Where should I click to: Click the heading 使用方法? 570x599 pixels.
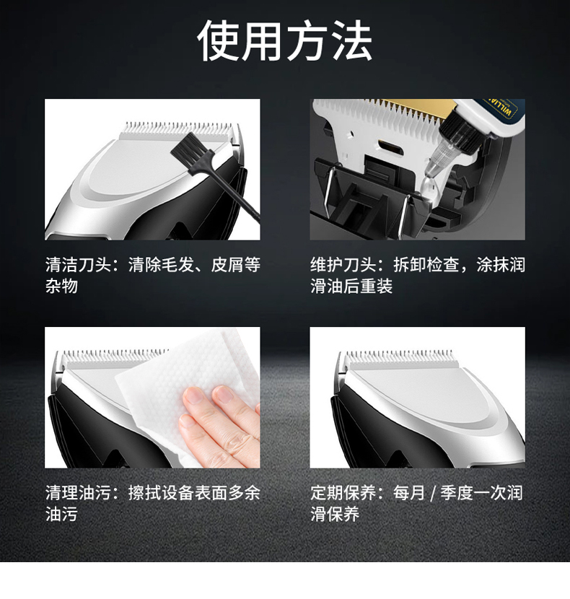click(x=285, y=41)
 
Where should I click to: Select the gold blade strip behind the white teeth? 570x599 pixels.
click(x=413, y=106)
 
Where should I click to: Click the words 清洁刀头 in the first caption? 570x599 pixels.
click(x=78, y=264)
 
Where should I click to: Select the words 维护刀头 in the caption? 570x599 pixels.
click(x=343, y=264)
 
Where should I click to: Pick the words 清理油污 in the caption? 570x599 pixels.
click(x=78, y=492)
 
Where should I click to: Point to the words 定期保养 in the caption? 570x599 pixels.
click(x=343, y=492)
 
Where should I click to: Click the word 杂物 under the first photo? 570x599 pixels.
click(x=61, y=286)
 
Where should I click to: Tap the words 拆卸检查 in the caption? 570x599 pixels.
click(x=426, y=264)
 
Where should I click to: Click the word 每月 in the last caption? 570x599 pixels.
click(x=409, y=492)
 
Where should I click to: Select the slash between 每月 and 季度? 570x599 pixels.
click(x=433, y=493)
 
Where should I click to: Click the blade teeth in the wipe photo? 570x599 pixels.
click(x=115, y=356)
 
